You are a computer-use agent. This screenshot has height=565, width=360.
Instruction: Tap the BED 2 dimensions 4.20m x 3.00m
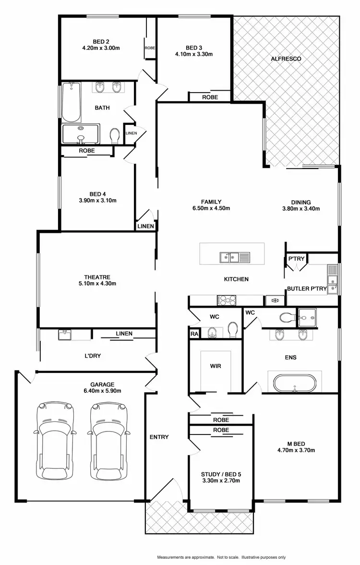pos(100,48)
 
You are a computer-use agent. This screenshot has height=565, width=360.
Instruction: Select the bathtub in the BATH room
pos(71,102)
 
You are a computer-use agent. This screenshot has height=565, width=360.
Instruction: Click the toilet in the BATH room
pos(115,136)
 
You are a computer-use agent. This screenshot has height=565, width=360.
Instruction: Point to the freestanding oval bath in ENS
pos(293,384)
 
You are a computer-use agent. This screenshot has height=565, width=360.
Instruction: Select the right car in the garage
pos(109,440)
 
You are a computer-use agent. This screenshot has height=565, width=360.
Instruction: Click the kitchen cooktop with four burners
pos(227,301)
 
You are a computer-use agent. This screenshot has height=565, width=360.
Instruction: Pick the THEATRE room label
pos(97,277)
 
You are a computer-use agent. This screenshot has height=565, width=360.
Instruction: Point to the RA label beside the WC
pos(194,333)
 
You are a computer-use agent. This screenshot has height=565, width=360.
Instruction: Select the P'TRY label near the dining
pos(293,259)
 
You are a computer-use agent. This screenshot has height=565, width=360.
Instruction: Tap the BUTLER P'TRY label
pos(307,289)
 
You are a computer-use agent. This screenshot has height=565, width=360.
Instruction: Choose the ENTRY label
pos(159,437)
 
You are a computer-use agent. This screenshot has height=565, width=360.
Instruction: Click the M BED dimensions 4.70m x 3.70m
pos(296,450)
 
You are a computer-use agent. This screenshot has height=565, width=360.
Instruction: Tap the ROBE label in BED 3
pos(210,97)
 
